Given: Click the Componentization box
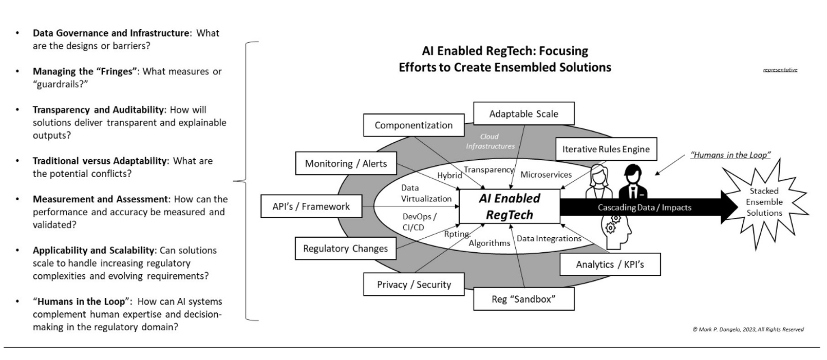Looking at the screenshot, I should (x=414, y=125).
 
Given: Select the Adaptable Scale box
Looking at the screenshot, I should (x=523, y=114).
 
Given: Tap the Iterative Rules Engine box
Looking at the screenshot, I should (x=606, y=149).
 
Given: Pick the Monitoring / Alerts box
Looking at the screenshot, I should (x=346, y=164).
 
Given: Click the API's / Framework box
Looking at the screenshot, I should (x=311, y=206).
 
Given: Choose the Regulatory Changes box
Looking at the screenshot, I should (x=345, y=249).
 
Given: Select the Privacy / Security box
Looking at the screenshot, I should (x=414, y=285).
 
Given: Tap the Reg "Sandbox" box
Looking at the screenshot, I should (x=523, y=299).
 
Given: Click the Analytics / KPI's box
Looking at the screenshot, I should (x=610, y=264).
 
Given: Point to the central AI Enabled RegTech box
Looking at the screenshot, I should (x=509, y=206).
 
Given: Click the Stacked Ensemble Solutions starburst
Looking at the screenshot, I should (x=764, y=202).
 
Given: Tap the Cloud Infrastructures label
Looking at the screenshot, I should (x=490, y=141).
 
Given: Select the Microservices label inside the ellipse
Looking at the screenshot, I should (x=546, y=175).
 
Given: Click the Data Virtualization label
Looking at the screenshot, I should (x=426, y=194).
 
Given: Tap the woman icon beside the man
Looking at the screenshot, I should (x=599, y=182).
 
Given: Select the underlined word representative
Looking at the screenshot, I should (x=780, y=70).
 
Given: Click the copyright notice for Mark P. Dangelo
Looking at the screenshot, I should (x=748, y=329).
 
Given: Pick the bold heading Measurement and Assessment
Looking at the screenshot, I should (x=101, y=199).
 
